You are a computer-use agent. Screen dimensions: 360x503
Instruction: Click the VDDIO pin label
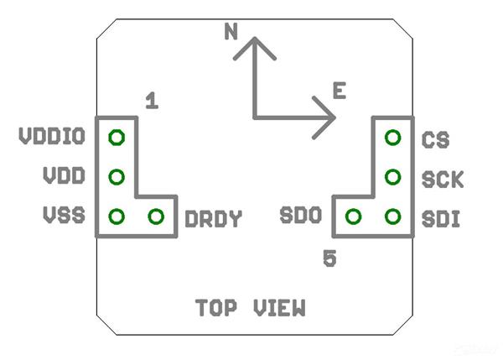coord(52,137)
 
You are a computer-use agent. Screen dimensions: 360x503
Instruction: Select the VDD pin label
coord(64,177)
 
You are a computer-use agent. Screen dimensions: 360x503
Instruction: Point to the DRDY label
coord(213,220)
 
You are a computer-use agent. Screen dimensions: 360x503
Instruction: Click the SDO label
coord(301,217)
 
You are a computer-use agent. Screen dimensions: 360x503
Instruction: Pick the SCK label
coord(443,179)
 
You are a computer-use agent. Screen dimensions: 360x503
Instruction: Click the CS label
coord(435,138)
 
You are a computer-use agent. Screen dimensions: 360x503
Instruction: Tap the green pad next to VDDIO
coord(117,137)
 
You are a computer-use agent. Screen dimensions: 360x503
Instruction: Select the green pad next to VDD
coord(117,177)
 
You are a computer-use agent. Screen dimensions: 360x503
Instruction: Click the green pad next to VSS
coord(117,217)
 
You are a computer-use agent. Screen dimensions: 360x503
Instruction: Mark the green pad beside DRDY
coord(156,217)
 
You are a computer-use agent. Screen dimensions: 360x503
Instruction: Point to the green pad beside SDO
coord(353,217)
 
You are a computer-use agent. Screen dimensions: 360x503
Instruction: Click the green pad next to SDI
coord(392,217)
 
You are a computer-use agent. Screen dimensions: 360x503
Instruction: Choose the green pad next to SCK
coord(392,177)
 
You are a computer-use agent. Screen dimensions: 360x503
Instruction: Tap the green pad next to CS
coord(392,137)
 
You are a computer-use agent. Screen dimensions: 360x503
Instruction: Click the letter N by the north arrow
coord(231,33)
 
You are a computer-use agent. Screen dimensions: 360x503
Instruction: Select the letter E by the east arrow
coord(339,91)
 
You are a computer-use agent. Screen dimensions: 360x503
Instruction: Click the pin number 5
coord(330,258)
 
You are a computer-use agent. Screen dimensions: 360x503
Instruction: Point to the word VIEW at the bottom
coord(280,308)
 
